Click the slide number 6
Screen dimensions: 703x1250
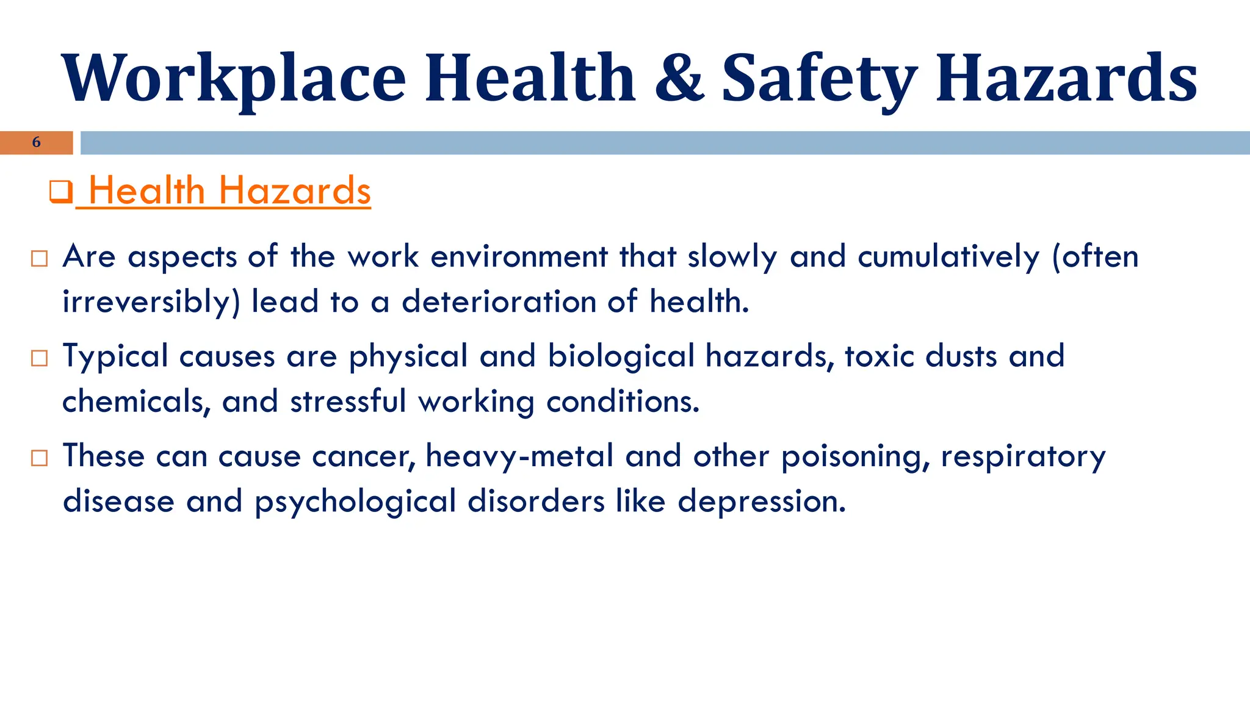pos(37,142)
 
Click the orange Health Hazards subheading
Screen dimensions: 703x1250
pos(229,191)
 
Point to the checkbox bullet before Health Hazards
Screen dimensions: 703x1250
pos(60,192)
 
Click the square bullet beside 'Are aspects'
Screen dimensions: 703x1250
pos(39,258)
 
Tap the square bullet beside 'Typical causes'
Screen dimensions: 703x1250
pos(39,358)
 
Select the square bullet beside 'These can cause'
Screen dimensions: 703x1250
pos(39,458)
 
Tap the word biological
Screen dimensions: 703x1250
pos(621,356)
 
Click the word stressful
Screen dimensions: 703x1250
pos(348,402)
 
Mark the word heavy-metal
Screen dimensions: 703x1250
pos(519,456)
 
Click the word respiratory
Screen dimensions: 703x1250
pos(1023,456)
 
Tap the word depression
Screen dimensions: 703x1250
pos(762,502)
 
